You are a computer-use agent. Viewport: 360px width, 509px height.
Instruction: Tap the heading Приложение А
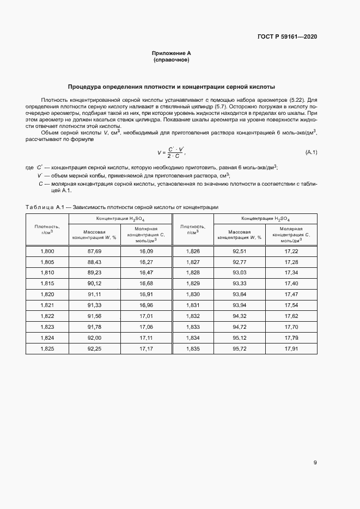(172, 53)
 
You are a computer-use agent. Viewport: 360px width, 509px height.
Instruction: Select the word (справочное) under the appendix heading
(172, 60)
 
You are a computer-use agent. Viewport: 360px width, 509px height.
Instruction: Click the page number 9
(315, 463)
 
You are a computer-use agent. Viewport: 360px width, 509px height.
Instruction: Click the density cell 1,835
(193, 348)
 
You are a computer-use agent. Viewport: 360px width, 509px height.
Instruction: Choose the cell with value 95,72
(240, 348)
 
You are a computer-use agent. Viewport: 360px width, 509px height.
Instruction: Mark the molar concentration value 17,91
(291, 348)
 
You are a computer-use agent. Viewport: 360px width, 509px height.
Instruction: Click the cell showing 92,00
(95, 338)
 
